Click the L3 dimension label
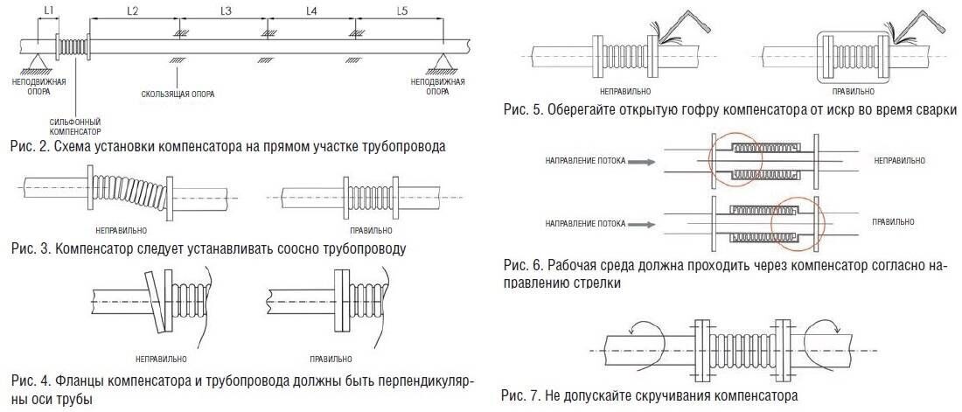pos(225,10)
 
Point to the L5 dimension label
pos(402,10)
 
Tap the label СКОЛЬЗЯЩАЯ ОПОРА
pos(178,94)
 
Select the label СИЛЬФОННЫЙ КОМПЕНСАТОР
pos(75,127)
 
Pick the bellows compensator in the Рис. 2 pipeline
pos(73,46)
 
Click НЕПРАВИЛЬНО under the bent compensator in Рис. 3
pos(121,231)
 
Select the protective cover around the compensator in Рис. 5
pos(853,57)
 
